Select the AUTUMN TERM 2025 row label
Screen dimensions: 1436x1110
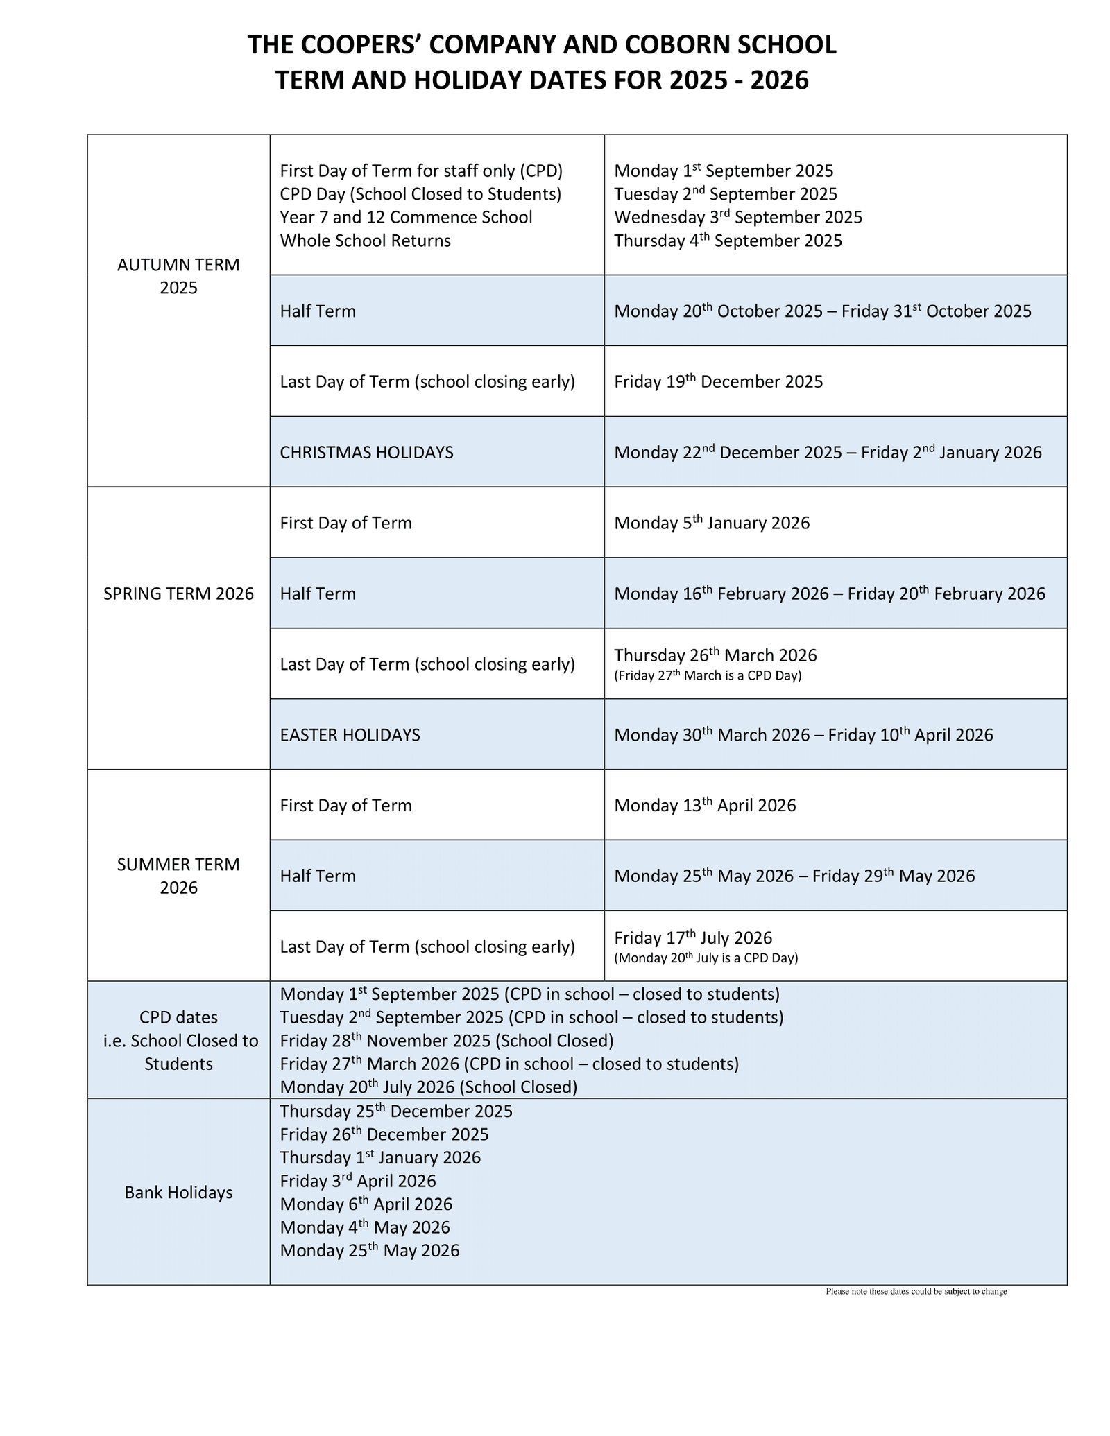(178, 276)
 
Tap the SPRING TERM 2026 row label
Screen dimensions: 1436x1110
(178, 594)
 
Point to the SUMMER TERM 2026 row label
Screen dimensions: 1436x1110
(178, 876)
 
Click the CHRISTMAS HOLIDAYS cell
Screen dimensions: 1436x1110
(366, 453)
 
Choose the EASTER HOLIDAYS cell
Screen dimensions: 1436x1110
(350, 735)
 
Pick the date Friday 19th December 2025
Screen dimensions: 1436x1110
(718, 381)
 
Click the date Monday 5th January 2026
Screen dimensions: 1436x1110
(712, 523)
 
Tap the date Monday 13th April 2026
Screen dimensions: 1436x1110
(705, 805)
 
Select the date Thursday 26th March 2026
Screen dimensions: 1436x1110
(715, 655)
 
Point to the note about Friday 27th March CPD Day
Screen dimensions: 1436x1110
(708, 675)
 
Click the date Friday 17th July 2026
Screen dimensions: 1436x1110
(692, 938)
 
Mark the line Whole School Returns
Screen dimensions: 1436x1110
(365, 241)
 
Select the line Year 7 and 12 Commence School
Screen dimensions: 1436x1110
(406, 217)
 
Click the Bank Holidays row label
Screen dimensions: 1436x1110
(178, 1193)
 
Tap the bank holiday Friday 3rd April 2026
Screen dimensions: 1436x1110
(358, 1181)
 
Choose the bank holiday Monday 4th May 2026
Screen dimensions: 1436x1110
(365, 1227)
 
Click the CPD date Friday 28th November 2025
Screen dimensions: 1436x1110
(446, 1040)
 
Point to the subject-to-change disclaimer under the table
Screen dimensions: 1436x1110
(916, 1292)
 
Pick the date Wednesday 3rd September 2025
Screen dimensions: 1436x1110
(738, 217)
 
